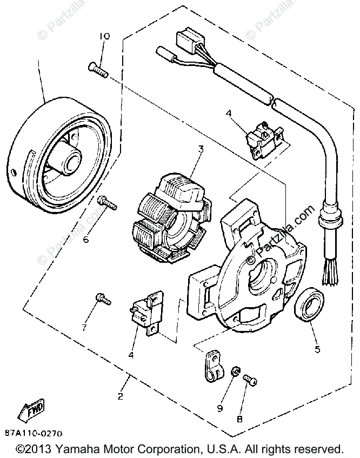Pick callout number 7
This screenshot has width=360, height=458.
point(84,327)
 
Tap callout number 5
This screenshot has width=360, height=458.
point(317,349)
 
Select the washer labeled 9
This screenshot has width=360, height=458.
point(235,373)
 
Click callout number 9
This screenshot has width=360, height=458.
point(220,408)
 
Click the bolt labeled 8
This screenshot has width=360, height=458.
point(250,381)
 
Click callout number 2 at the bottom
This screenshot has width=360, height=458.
point(121,396)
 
